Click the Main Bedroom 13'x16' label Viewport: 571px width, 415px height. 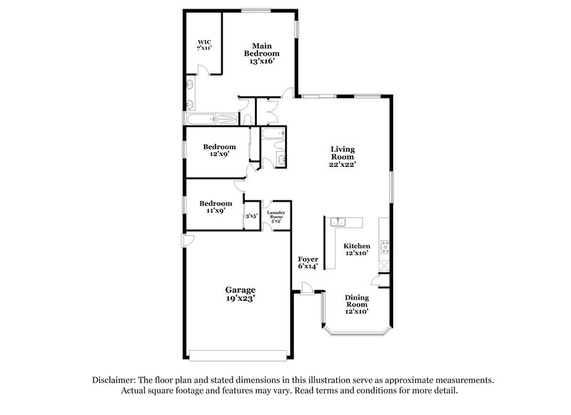(x=262, y=53)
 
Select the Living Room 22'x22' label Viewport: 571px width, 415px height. (x=343, y=157)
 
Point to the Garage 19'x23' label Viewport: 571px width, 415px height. (x=241, y=295)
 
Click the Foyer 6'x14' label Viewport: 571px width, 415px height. (x=308, y=262)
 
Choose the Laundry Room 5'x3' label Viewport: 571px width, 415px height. (x=276, y=217)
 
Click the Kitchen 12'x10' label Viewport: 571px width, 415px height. (x=357, y=250)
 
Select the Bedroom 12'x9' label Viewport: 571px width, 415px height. (x=215, y=151)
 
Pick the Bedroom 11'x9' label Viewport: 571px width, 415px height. (x=215, y=207)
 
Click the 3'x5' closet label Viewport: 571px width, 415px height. (x=251, y=216)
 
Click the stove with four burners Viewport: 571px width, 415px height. (x=385, y=248)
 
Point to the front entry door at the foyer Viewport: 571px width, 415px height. (x=306, y=287)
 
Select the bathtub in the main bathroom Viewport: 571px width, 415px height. (x=212, y=119)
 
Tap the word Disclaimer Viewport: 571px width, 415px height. (x=113, y=381)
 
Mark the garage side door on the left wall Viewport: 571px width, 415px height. (x=186, y=240)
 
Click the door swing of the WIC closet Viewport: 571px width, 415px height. (x=203, y=69)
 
